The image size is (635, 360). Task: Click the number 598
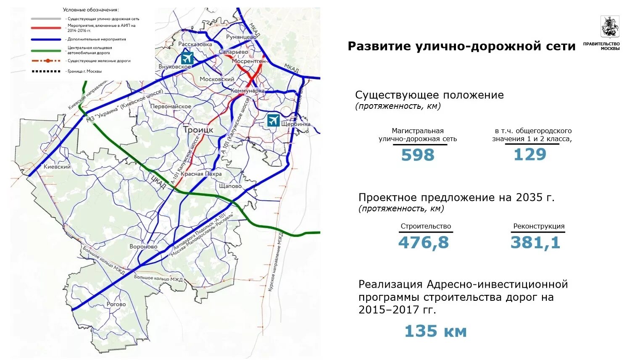tap(417, 155)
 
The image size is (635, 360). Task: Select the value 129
tap(530, 155)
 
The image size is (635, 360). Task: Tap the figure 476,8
tap(423, 242)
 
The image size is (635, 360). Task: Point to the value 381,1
tap(535, 242)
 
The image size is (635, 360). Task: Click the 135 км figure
tap(435, 331)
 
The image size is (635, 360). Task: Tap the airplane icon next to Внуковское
tap(187, 58)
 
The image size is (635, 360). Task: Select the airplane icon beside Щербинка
tap(273, 120)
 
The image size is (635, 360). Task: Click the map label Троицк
tap(198, 130)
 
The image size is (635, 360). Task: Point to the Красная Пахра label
tap(201, 174)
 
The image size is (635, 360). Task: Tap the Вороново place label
tap(143, 247)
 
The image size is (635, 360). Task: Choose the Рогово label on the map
tap(116, 304)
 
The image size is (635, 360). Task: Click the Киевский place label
tap(57, 167)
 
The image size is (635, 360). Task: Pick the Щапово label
tap(230, 186)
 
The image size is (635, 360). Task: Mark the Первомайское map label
tap(171, 107)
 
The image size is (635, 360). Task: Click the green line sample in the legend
tap(46, 50)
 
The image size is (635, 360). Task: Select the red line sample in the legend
tap(46, 28)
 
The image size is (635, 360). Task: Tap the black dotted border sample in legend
tap(46, 71)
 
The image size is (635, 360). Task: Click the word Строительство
tap(426, 226)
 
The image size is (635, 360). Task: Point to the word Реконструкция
tap(539, 226)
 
